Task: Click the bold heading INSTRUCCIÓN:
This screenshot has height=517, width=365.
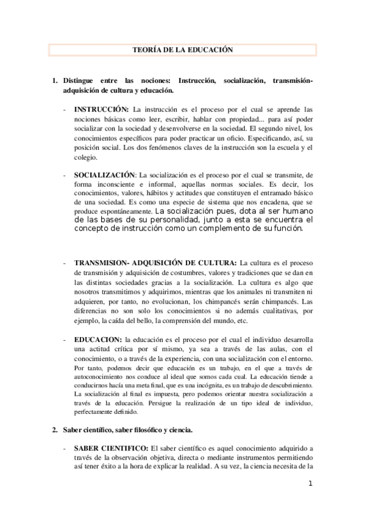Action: [101, 109]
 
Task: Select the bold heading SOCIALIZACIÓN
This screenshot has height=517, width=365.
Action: [107, 174]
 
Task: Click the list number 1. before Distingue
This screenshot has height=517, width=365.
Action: [55, 81]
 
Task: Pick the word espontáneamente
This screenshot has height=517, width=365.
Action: [120, 210]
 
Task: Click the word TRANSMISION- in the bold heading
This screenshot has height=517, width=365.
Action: [104, 262]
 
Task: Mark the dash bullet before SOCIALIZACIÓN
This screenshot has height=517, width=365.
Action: [65, 174]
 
